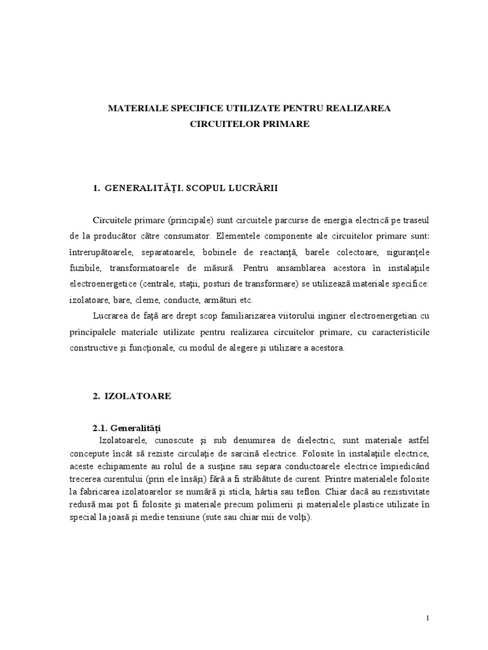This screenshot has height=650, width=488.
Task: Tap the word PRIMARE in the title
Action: pyautogui.click(x=285, y=124)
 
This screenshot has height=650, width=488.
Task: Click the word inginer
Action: pyautogui.click(x=318, y=315)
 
